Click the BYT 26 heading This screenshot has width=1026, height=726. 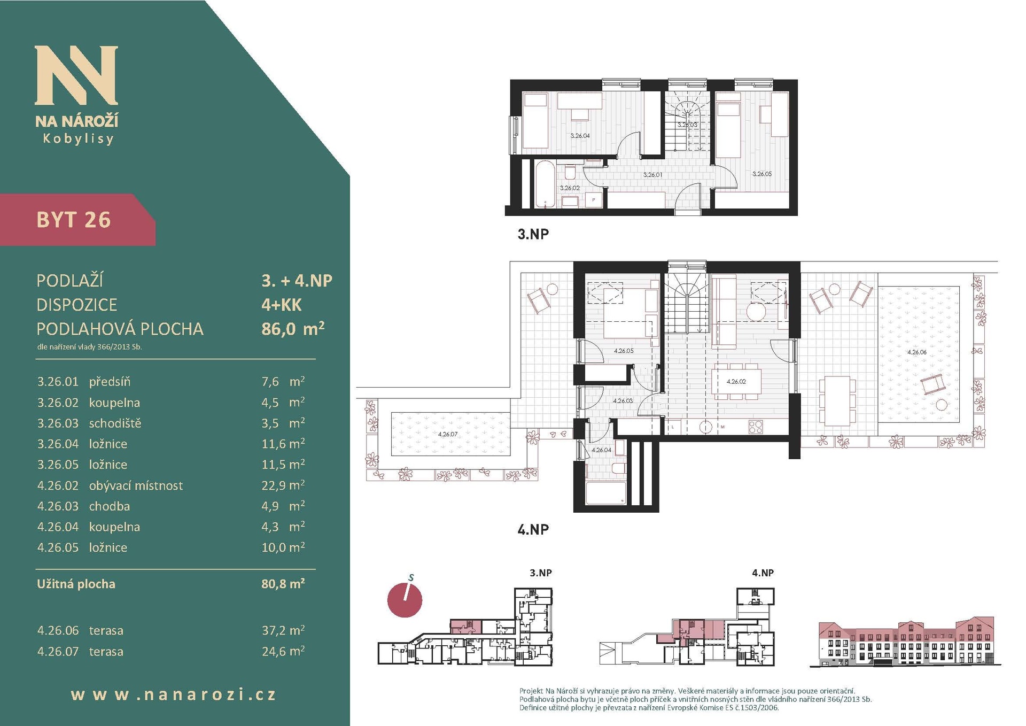click(x=74, y=220)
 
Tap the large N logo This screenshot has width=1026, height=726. click(x=76, y=75)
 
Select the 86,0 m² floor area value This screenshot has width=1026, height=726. click(x=293, y=328)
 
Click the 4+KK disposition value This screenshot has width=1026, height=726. click(x=282, y=305)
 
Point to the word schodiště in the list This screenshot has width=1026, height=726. click(x=115, y=423)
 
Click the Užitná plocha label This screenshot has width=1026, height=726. click(x=76, y=584)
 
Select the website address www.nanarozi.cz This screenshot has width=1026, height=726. click(x=174, y=694)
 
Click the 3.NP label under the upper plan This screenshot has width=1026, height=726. click(x=533, y=234)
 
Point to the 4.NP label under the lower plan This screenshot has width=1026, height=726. click(x=533, y=529)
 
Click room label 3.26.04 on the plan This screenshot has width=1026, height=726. click(x=580, y=136)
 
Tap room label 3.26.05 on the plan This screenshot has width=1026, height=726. click(x=762, y=174)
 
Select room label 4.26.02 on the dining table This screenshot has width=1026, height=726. click(x=736, y=382)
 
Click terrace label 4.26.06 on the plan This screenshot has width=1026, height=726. click(x=917, y=352)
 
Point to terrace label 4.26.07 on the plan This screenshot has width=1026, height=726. click(x=448, y=434)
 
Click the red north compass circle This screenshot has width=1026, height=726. click(x=405, y=599)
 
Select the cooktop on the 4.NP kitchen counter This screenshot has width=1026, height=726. click(x=756, y=427)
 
